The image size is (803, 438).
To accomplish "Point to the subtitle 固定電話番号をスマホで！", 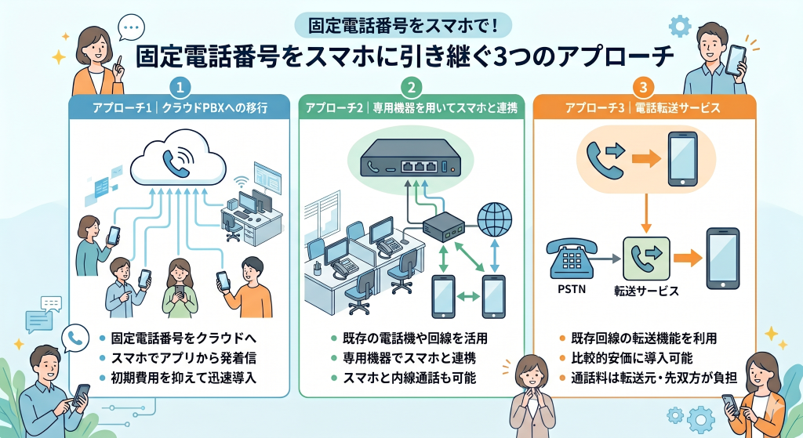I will point(401,25).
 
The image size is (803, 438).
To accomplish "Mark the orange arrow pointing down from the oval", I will point(645,211).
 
